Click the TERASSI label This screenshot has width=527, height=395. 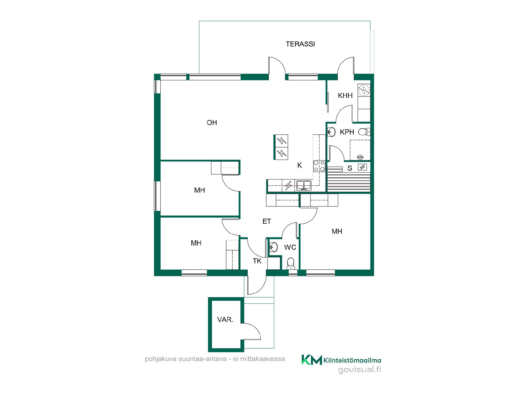click(300, 44)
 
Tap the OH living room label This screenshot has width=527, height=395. click(212, 123)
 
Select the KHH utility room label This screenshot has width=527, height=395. click(345, 96)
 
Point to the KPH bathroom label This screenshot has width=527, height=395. click(347, 132)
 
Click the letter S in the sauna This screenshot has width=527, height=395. click(350, 168)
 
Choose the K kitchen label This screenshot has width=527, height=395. click(300, 165)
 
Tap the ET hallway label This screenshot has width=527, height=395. click(267, 221)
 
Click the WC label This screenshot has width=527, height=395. click(290, 247)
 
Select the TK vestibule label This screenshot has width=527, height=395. click(257, 261)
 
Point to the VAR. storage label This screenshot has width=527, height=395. click(225, 320)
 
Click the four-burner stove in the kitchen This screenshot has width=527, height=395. click(319, 166)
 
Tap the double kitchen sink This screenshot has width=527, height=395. click(304, 186)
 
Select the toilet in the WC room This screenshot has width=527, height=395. click(290, 263)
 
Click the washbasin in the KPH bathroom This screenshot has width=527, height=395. click(332, 132)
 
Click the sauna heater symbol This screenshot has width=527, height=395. click(362, 167)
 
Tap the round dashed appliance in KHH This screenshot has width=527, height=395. click(364, 90)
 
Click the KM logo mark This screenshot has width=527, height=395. click(312, 360)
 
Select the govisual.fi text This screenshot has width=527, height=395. click(360, 370)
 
